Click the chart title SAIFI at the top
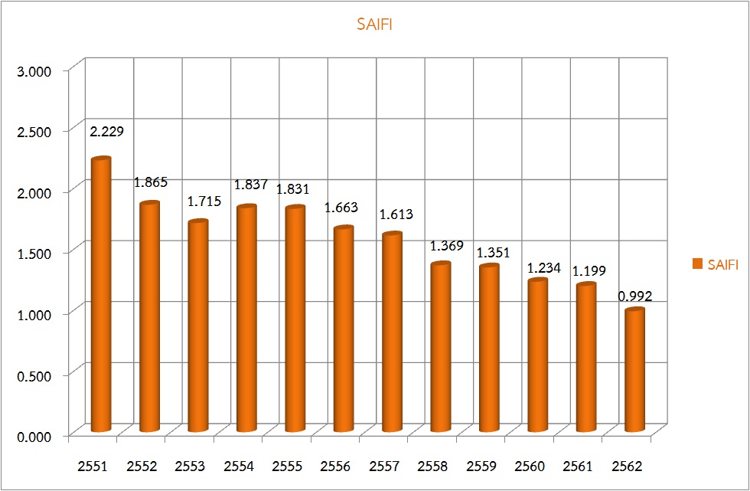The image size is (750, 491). point(374,25)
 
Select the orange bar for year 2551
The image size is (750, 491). point(101,295)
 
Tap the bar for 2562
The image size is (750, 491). point(634,370)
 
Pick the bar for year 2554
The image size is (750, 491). point(246,319)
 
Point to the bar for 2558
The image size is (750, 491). point(440,347)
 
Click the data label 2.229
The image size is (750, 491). point(106,132)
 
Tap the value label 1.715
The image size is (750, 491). point(204,201)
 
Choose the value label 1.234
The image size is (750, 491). point(544,268)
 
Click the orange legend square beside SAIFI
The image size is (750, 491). point(697,264)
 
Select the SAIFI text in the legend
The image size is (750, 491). point(723,265)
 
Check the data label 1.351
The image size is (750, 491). point(494,253)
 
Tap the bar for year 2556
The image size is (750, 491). point(344,329)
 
